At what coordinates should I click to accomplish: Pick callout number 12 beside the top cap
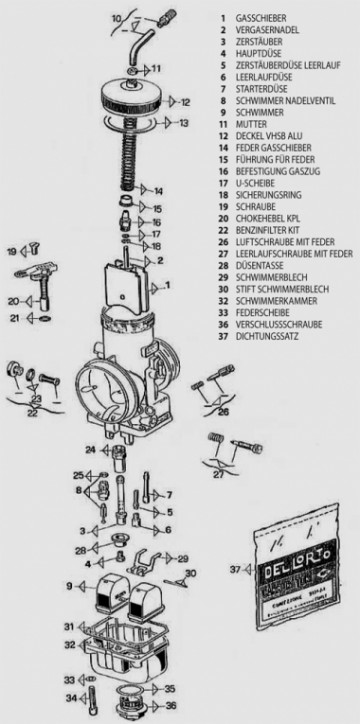pos(185,102)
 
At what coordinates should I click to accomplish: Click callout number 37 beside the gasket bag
pos(235,569)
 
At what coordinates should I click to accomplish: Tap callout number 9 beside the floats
pos(70,585)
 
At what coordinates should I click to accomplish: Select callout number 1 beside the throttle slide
pos(168,285)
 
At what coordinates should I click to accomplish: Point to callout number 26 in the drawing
pos(224,411)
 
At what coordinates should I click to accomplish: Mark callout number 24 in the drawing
pos(91,450)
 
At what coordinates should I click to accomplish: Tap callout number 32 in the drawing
pos(70,645)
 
